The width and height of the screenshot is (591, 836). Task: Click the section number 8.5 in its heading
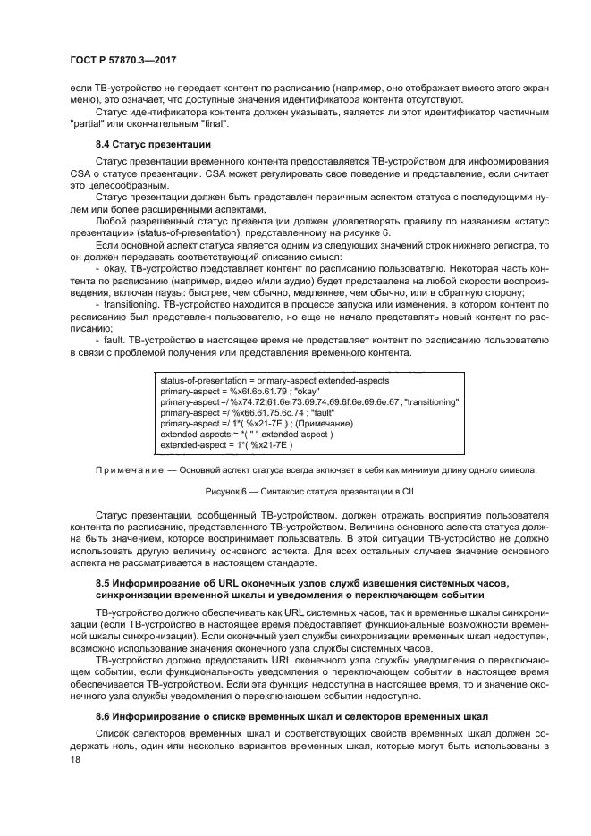click(103, 584)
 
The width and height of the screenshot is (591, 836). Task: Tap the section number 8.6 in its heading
click(103, 717)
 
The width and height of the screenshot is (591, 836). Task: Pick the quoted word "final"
click(214, 124)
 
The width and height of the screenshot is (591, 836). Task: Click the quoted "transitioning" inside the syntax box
click(432, 401)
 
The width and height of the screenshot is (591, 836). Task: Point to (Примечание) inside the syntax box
click(324, 423)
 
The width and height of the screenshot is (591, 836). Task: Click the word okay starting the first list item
click(111, 266)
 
